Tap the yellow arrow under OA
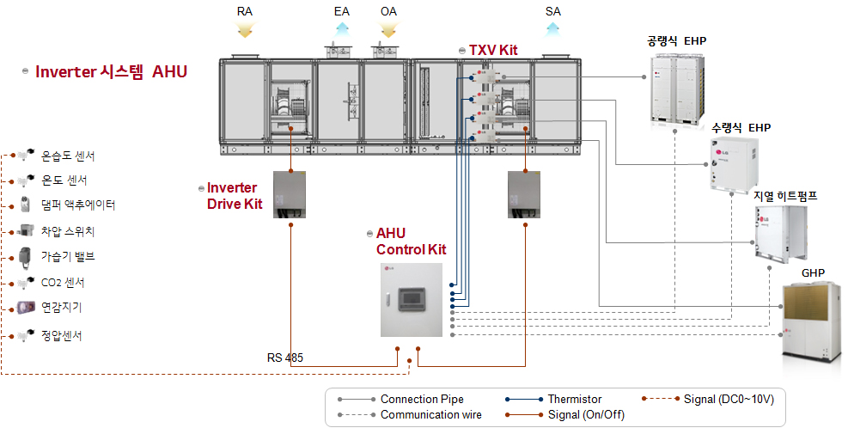(x=387, y=30)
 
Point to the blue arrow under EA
(x=342, y=30)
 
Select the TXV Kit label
(x=493, y=51)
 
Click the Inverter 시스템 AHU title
(x=111, y=72)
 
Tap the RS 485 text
(x=284, y=358)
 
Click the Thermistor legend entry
(x=574, y=399)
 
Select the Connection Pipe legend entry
(x=422, y=399)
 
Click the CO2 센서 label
(x=63, y=283)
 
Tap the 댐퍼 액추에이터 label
(x=78, y=205)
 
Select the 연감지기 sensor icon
(x=25, y=308)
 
